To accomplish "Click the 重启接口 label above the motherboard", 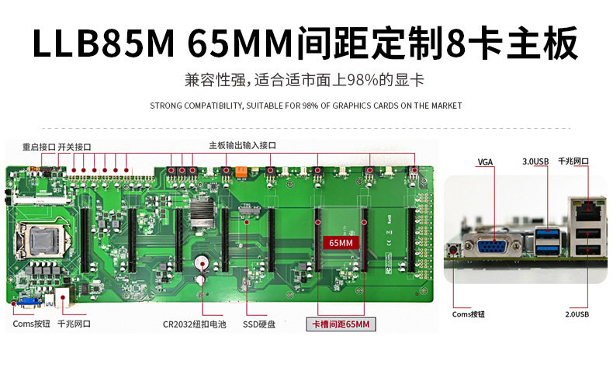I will pos(38,146).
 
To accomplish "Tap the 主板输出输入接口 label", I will pos(242,146).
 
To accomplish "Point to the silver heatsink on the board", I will pos(203,213).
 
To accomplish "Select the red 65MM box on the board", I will pos(341,242).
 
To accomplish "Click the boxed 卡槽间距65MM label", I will pos(341,324).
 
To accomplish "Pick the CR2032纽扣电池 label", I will pos(194,324).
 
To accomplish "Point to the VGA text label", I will pos(485,162).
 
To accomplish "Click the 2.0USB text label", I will pos(577,314).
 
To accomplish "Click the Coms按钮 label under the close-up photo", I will pos(469,314).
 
